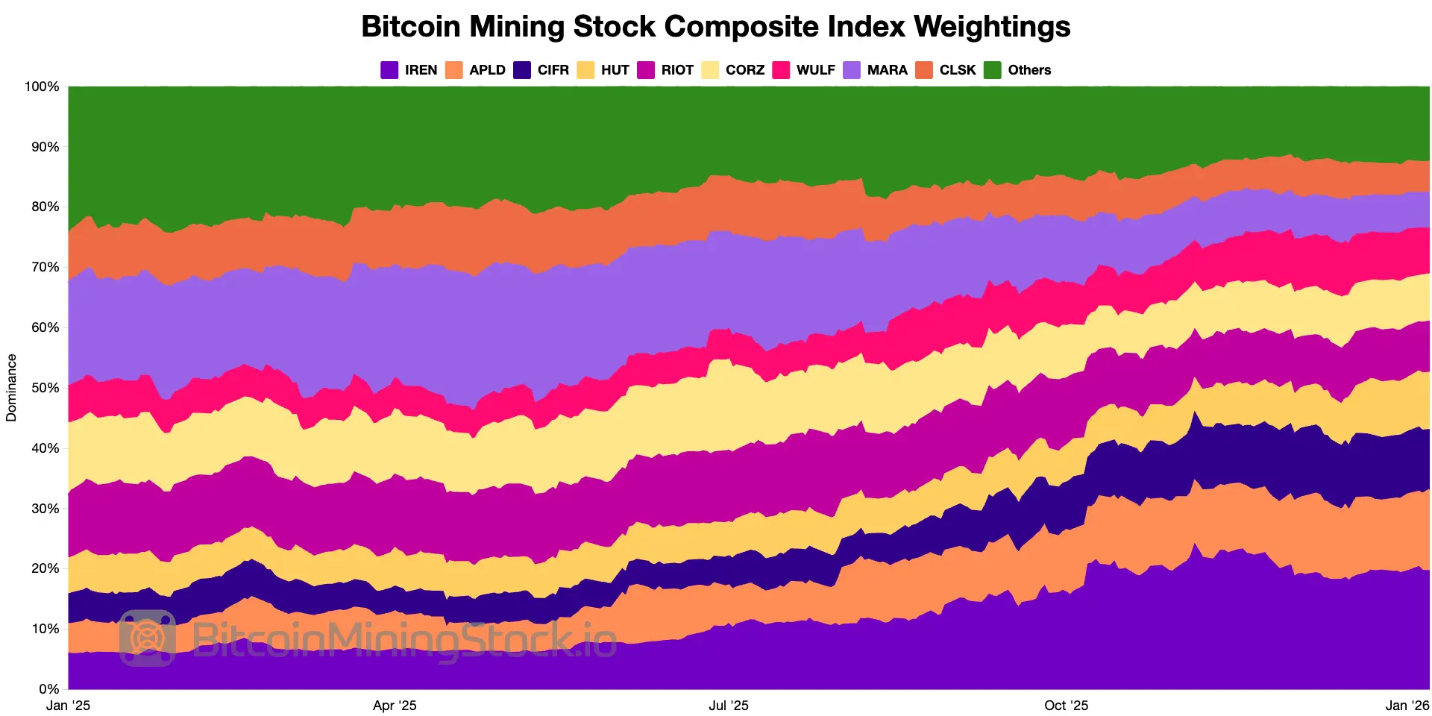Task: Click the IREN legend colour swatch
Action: (x=389, y=70)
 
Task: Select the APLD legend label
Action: (x=487, y=70)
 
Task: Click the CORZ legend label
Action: (x=744, y=70)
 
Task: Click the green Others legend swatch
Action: (x=993, y=70)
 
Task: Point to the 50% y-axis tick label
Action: (x=44, y=388)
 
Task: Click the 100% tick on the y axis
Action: (x=42, y=87)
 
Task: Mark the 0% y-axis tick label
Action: (x=48, y=689)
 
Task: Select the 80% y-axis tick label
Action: (x=44, y=207)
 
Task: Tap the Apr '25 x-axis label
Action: (x=395, y=706)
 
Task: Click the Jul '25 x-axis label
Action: (x=728, y=706)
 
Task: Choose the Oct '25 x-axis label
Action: (x=1066, y=706)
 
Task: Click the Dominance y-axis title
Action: (x=11, y=388)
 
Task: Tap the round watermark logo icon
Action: (x=148, y=638)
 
